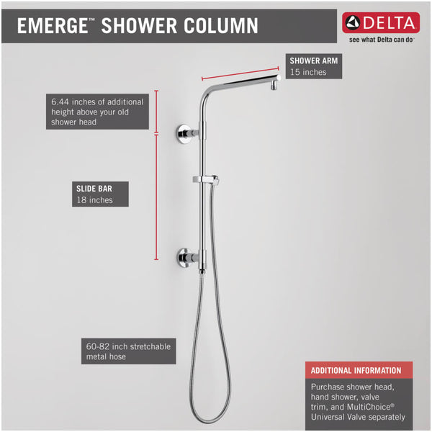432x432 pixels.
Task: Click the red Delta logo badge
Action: [x=379, y=22]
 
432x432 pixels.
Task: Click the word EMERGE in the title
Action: [x=50, y=27]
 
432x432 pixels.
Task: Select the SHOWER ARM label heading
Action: [x=313, y=60]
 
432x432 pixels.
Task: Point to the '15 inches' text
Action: [x=308, y=72]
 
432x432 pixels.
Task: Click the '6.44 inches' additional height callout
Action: [x=97, y=112]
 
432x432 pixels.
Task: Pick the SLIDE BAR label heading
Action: [x=94, y=188]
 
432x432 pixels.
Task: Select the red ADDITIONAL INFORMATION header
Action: [x=356, y=370]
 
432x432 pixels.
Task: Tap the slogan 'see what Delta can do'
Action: [x=381, y=40]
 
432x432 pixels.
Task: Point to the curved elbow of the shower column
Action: [x=210, y=93]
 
